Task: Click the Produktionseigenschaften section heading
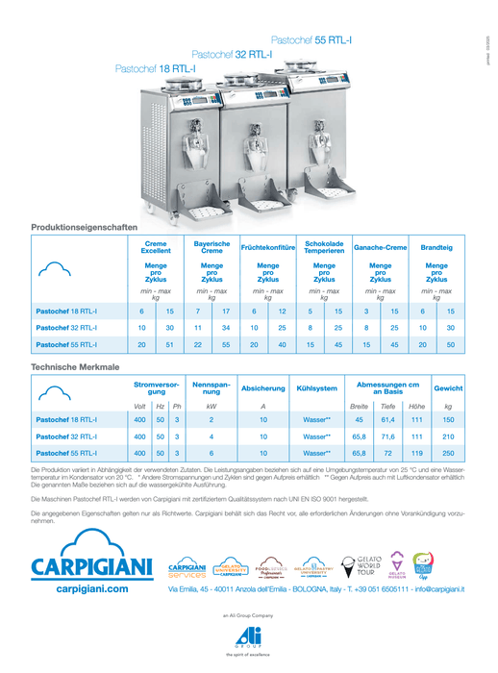point(84,226)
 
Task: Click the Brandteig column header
point(437,248)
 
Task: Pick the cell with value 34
point(226,328)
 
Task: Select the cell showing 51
point(169,344)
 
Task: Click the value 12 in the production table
point(282,312)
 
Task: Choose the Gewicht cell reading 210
point(448,436)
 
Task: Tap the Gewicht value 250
point(448,452)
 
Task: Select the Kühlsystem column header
point(317,388)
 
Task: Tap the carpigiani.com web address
point(92,587)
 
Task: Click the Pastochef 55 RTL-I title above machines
point(311,39)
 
